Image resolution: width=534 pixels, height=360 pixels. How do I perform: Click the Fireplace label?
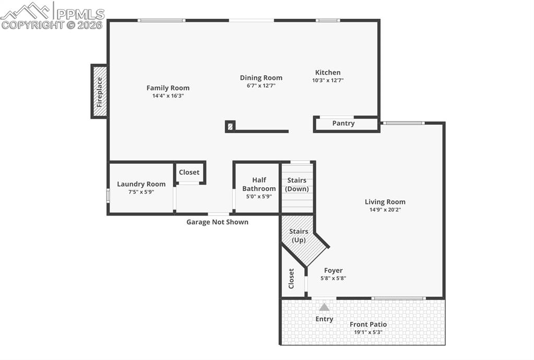99,92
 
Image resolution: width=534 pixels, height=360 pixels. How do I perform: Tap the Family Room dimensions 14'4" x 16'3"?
168,96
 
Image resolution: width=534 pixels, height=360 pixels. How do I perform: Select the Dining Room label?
261,78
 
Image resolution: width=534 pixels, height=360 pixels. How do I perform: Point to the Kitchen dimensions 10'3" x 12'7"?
328,80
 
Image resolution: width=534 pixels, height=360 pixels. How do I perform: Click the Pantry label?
343,124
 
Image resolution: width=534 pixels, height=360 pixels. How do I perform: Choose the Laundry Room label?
141,184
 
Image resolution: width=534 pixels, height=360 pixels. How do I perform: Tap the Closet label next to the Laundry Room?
189,172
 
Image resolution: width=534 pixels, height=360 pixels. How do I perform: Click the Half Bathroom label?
259,184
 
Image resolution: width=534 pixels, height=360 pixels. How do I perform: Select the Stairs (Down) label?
296,185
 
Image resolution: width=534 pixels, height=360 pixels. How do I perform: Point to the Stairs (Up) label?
299,235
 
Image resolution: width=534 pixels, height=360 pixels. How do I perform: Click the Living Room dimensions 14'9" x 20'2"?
385,210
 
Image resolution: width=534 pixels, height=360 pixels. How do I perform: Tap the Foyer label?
333,270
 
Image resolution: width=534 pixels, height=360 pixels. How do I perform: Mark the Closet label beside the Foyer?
291,279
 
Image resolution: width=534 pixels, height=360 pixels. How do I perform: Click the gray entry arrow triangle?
324,307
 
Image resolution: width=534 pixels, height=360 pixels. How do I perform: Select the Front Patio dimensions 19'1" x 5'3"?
368,332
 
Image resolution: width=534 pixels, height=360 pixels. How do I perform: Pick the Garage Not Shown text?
217,222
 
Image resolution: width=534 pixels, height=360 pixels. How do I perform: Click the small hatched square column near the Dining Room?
230,126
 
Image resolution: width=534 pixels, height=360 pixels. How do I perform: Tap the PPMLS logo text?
79,14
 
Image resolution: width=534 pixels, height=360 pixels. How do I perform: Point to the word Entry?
324,319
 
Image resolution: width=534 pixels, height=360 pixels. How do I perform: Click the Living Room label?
385,202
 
